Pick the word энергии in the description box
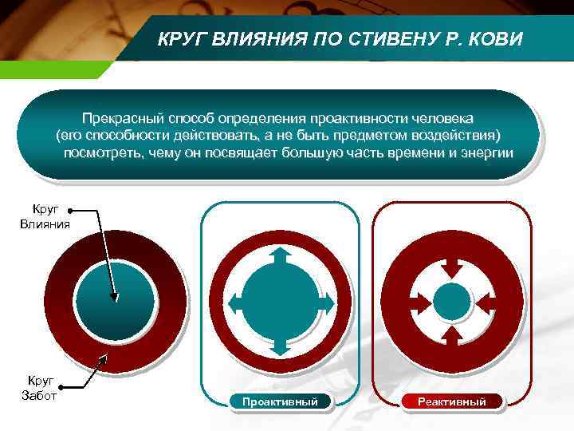(486, 152)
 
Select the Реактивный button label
(453, 401)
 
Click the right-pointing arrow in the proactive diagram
(325, 302)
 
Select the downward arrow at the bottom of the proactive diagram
(280, 345)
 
